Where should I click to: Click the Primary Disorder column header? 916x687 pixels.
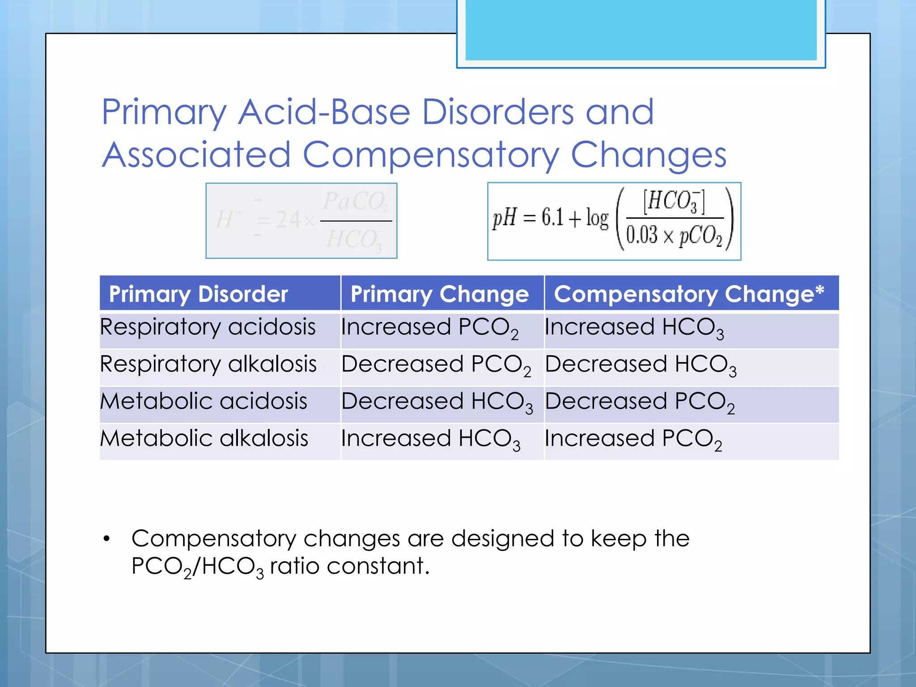198,294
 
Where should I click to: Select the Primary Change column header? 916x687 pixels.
439,294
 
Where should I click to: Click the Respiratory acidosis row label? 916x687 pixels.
208,327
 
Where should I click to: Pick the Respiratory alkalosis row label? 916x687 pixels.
208,364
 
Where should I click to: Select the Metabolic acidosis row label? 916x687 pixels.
204,401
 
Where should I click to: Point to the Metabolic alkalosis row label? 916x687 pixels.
204,438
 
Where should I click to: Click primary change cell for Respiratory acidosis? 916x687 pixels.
429,328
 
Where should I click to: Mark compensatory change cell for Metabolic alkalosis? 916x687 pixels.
633,439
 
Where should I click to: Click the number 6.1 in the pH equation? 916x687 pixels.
552,218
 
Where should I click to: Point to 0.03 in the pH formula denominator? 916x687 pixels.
641,235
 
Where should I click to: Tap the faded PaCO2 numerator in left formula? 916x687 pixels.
355,201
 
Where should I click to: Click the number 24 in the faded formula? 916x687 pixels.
288,220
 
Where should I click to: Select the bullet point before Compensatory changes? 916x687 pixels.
106,539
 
